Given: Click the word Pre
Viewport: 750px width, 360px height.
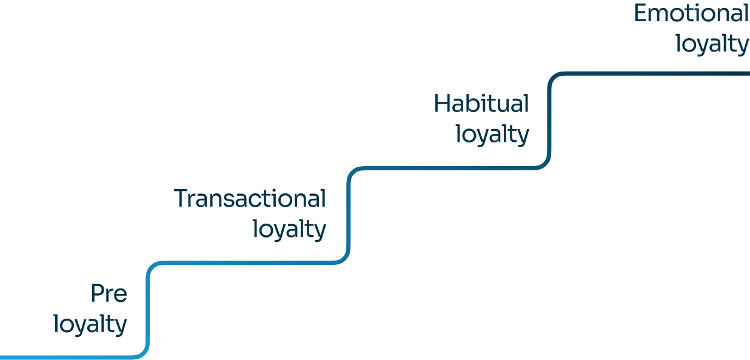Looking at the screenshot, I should [x=109, y=294].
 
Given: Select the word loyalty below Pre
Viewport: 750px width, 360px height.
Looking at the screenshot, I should [x=91, y=324].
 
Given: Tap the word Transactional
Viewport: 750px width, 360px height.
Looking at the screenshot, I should [x=250, y=199].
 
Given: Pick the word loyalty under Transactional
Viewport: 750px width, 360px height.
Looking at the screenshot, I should [x=289, y=230].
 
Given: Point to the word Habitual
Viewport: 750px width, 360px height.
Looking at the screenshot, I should [x=481, y=104].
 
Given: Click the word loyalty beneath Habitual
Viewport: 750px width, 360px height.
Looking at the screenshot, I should [x=492, y=135].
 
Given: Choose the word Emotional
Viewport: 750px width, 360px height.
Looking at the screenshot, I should [x=691, y=13].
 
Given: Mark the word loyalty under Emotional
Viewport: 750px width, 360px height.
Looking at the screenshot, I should [x=712, y=44].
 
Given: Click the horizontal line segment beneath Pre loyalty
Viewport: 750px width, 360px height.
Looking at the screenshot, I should [x=67, y=356].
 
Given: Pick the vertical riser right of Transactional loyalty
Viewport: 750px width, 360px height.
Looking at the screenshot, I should [x=349, y=215].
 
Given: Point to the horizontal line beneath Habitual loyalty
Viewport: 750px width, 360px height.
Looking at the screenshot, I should [x=449, y=168].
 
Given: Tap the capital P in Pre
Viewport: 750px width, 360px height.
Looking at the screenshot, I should [x=97, y=294].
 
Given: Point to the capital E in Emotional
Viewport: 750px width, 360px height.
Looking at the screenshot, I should [x=641, y=13].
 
